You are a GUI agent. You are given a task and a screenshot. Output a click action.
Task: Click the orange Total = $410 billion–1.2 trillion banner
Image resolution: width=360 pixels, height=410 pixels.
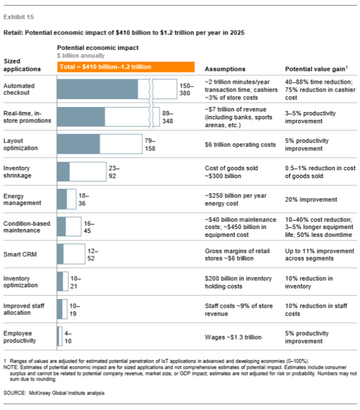point(126,67)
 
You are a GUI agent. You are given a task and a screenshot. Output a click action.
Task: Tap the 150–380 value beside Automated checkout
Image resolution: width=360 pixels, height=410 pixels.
point(186,88)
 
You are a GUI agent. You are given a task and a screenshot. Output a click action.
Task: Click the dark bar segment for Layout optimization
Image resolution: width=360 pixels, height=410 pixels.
point(79,144)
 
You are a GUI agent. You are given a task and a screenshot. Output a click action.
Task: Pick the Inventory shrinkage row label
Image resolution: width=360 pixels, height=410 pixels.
point(18,171)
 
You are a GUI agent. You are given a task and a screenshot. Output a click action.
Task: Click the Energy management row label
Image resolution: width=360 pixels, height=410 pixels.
point(21,198)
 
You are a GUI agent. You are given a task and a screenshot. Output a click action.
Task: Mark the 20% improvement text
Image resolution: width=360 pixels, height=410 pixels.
point(311,199)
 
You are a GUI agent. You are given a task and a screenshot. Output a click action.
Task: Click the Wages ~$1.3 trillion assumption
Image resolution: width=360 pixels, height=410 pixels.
point(233,337)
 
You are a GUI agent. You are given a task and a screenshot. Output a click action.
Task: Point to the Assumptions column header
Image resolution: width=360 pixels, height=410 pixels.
point(224,68)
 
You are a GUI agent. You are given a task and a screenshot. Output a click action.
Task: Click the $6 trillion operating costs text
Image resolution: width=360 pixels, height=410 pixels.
point(240,144)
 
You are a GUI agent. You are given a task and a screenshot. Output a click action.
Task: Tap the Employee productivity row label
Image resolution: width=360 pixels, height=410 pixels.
point(20,337)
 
